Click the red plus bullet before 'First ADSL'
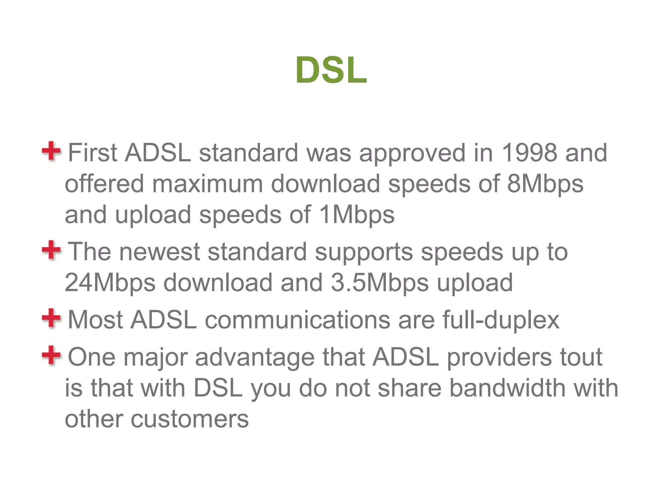pos(51,151)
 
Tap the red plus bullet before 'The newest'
pos(51,250)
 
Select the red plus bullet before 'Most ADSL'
pos(51,318)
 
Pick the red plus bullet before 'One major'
pos(51,355)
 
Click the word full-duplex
pos(501,320)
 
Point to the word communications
pos(297,320)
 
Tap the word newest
pos(160,252)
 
